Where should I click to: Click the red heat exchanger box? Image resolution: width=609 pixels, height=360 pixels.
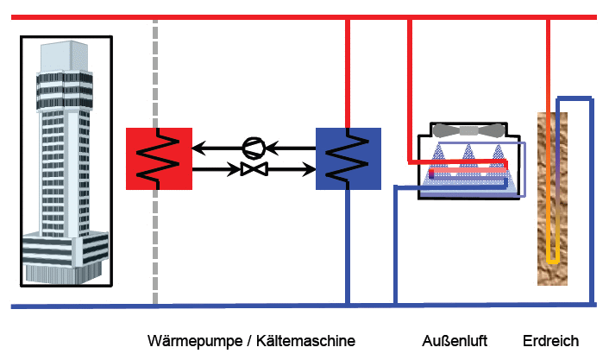(x=158, y=157)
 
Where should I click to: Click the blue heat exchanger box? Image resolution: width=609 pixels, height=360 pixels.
(x=348, y=157)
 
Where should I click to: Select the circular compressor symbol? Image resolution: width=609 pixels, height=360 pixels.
(x=253, y=147)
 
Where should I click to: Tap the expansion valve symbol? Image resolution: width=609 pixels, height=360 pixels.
(x=253, y=168)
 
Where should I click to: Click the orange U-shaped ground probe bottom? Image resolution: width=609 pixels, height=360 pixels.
(x=553, y=259)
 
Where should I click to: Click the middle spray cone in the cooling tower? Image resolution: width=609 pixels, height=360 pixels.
(x=469, y=160)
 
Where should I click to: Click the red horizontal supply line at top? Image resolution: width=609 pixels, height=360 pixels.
(x=259, y=17)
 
